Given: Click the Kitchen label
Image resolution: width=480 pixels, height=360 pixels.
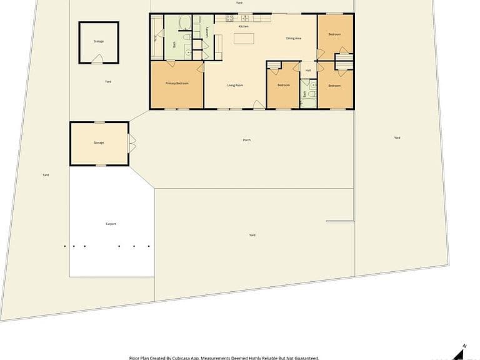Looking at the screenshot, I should click(x=244, y=26).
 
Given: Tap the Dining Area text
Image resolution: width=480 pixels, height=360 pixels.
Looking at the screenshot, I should click(x=294, y=39).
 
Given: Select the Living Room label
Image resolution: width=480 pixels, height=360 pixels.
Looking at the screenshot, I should click(x=235, y=85).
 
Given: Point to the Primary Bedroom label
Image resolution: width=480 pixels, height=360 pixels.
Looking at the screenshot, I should click(x=177, y=83).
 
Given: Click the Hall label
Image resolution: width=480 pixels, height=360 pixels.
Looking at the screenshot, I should click(x=308, y=70).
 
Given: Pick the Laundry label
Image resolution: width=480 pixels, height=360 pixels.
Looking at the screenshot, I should click(x=207, y=32).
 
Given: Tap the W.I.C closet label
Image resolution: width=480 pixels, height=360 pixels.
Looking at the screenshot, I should click(x=156, y=37).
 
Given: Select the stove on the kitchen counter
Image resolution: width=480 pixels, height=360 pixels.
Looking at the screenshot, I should click(x=229, y=19).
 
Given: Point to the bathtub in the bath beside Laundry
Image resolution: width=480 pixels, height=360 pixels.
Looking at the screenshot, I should click(x=186, y=24).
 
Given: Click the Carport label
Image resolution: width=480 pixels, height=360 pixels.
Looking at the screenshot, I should click(x=111, y=224).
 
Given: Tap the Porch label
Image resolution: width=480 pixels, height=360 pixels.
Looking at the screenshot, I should click(x=247, y=140).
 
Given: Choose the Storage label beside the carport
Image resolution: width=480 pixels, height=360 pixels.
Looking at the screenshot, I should click(x=99, y=142).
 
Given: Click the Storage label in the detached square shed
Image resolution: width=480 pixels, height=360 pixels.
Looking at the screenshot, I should click(x=99, y=41).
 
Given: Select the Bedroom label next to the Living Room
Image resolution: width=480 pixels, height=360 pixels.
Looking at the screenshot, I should click(x=284, y=85).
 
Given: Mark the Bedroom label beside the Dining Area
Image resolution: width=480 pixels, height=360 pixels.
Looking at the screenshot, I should click(x=335, y=34).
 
